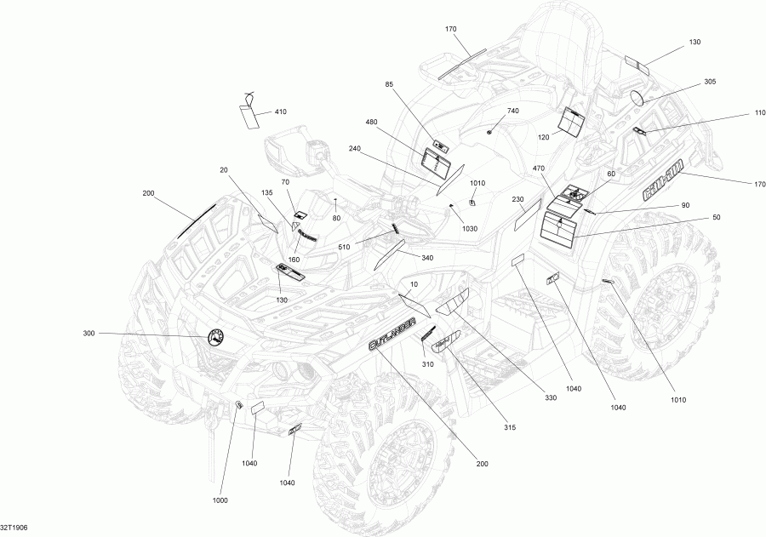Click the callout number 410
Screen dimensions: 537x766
[280, 112]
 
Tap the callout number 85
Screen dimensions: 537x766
[390, 83]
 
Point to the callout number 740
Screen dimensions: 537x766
[512, 111]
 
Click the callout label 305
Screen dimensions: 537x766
[710, 81]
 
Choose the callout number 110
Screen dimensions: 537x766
[735, 113]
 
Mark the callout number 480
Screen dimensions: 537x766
[371, 122]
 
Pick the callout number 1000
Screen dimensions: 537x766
[220, 500]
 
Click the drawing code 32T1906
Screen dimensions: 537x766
[14, 528]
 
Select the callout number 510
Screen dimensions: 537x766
[345, 248]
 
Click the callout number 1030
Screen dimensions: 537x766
[470, 228]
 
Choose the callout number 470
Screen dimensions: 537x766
[538, 169]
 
